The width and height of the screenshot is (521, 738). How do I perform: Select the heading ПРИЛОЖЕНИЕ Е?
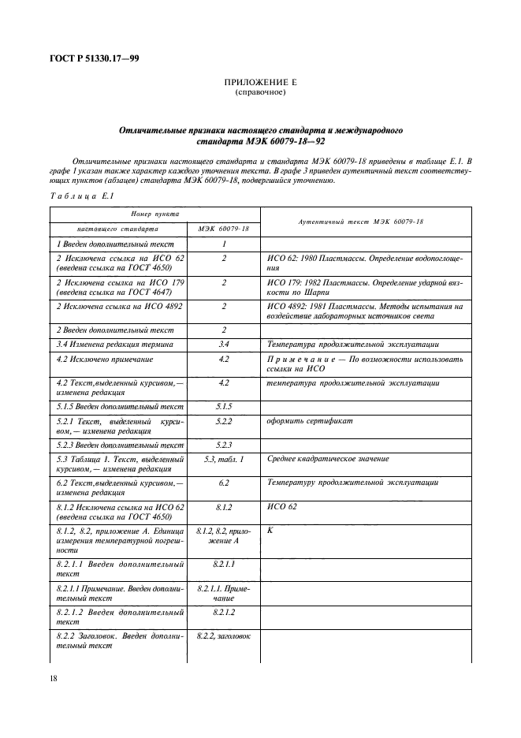point(260,82)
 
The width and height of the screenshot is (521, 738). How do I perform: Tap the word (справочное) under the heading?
point(260,92)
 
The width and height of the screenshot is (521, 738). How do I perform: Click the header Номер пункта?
point(154,214)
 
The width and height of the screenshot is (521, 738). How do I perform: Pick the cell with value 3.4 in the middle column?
point(224,345)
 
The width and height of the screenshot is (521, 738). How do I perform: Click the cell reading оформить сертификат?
point(310,421)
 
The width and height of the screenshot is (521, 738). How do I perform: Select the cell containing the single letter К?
point(270,531)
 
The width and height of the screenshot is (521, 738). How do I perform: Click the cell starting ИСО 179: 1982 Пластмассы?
point(366,286)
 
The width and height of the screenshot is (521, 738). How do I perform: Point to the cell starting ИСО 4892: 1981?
point(366,311)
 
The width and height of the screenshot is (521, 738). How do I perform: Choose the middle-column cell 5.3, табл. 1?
point(224,459)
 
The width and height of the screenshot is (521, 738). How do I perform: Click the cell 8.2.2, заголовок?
point(224,635)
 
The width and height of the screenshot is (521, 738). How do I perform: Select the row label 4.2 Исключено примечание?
point(103,360)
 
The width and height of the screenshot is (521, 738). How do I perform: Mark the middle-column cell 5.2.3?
point(224,445)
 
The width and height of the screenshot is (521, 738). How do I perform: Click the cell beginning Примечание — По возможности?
point(366,364)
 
